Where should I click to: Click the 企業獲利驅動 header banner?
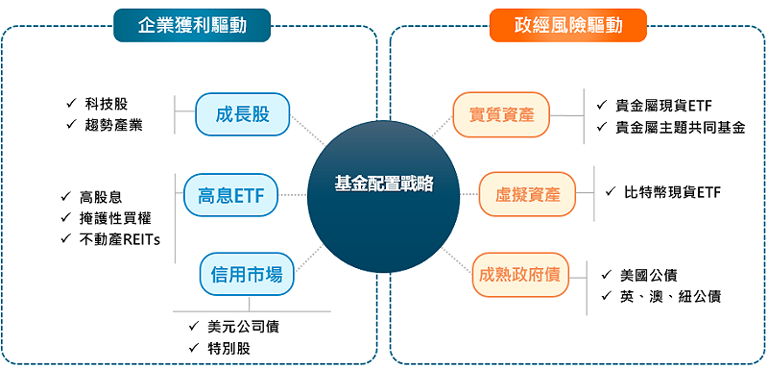coord(193,24)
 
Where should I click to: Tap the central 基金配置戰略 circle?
coord(384,183)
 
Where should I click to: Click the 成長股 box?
coord(242,115)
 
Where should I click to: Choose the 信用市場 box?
coord(247,275)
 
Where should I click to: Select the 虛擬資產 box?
coord(527,195)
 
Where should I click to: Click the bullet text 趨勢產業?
coord(113,125)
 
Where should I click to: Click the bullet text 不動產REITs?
coord(120,238)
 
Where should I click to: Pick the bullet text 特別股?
coord(228,348)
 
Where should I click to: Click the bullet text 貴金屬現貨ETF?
coord(663,105)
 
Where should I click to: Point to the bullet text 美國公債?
coord(651,275)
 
